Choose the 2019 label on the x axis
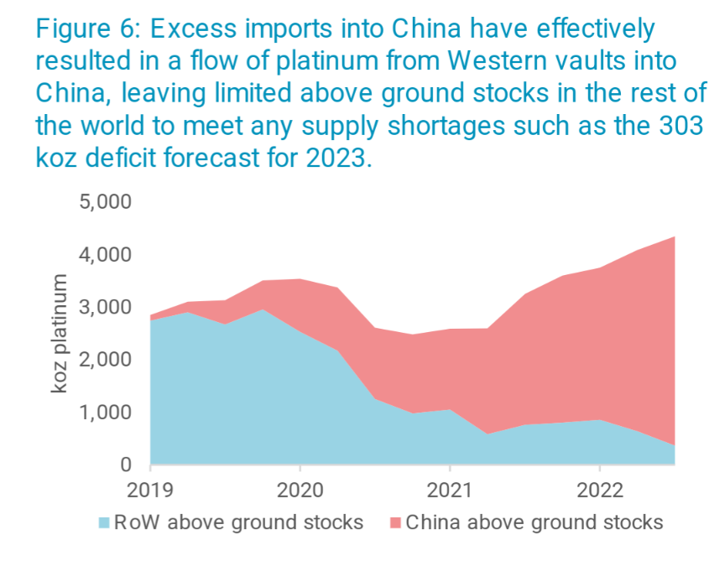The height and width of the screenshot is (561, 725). tap(150, 489)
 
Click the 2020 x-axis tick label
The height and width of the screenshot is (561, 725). tap(300, 489)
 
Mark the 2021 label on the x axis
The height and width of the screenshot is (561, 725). tap(450, 489)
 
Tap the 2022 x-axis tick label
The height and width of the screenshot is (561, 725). tap(599, 489)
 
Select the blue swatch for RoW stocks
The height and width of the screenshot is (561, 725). tap(104, 523)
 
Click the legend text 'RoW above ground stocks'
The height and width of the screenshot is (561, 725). tap(239, 522)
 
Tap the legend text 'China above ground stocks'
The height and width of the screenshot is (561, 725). tap(534, 522)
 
